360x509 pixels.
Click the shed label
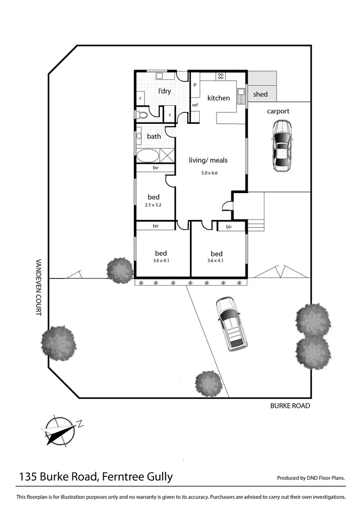click(x=260, y=94)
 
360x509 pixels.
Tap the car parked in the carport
click(x=282, y=145)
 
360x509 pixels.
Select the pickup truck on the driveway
click(x=231, y=322)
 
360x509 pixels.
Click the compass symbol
click(x=61, y=429)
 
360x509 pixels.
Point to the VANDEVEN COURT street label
click(x=38, y=287)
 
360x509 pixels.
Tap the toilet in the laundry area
click(x=142, y=115)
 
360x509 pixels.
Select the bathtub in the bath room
click(x=147, y=156)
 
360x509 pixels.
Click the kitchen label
click(x=218, y=98)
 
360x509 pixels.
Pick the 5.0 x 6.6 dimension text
click(x=210, y=173)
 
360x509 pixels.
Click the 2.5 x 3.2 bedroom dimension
click(x=154, y=205)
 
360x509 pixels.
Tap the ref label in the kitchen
click(x=195, y=105)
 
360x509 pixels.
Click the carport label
click(x=278, y=111)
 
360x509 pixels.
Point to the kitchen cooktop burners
click(x=220, y=75)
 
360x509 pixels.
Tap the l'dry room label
click(x=165, y=91)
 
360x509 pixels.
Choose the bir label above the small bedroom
click(x=156, y=168)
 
